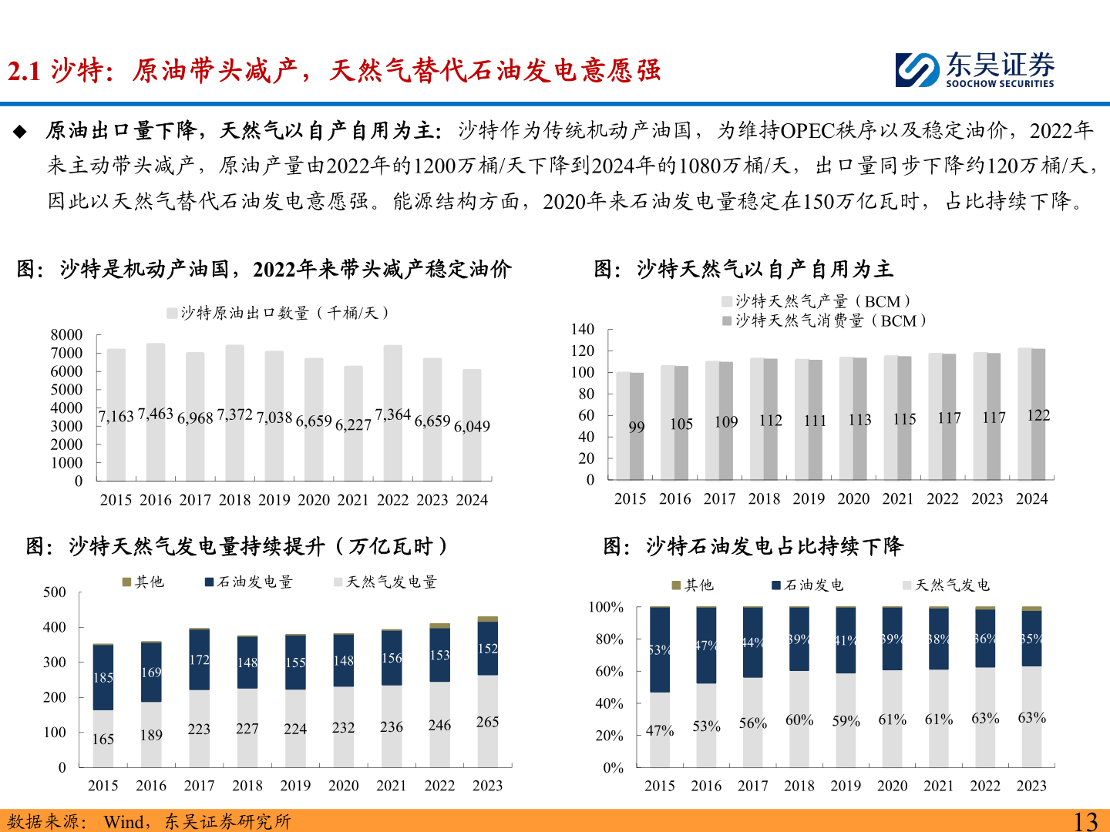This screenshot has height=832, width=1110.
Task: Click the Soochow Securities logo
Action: (974, 70)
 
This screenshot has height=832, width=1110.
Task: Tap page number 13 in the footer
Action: (1085, 821)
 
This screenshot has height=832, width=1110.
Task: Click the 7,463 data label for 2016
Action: (156, 414)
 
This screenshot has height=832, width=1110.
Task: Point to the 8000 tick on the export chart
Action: (67, 335)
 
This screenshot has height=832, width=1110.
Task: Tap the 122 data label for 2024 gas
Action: (1038, 416)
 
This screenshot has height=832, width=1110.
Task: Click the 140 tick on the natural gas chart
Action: (583, 330)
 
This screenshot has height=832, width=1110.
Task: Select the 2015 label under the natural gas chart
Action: (630, 499)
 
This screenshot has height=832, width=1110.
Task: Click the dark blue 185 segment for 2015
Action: (103, 678)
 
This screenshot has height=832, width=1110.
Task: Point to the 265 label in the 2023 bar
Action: (487, 723)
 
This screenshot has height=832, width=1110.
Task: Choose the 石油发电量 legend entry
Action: (248, 582)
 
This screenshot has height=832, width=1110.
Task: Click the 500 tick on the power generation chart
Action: (55, 592)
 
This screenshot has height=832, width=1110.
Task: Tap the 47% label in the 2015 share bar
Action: (660, 731)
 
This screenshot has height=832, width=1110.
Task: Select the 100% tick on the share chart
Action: (606, 608)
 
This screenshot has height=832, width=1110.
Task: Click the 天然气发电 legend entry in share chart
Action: (947, 585)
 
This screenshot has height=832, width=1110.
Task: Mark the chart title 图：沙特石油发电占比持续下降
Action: (753, 546)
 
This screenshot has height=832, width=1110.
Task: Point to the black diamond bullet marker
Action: (20, 132)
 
